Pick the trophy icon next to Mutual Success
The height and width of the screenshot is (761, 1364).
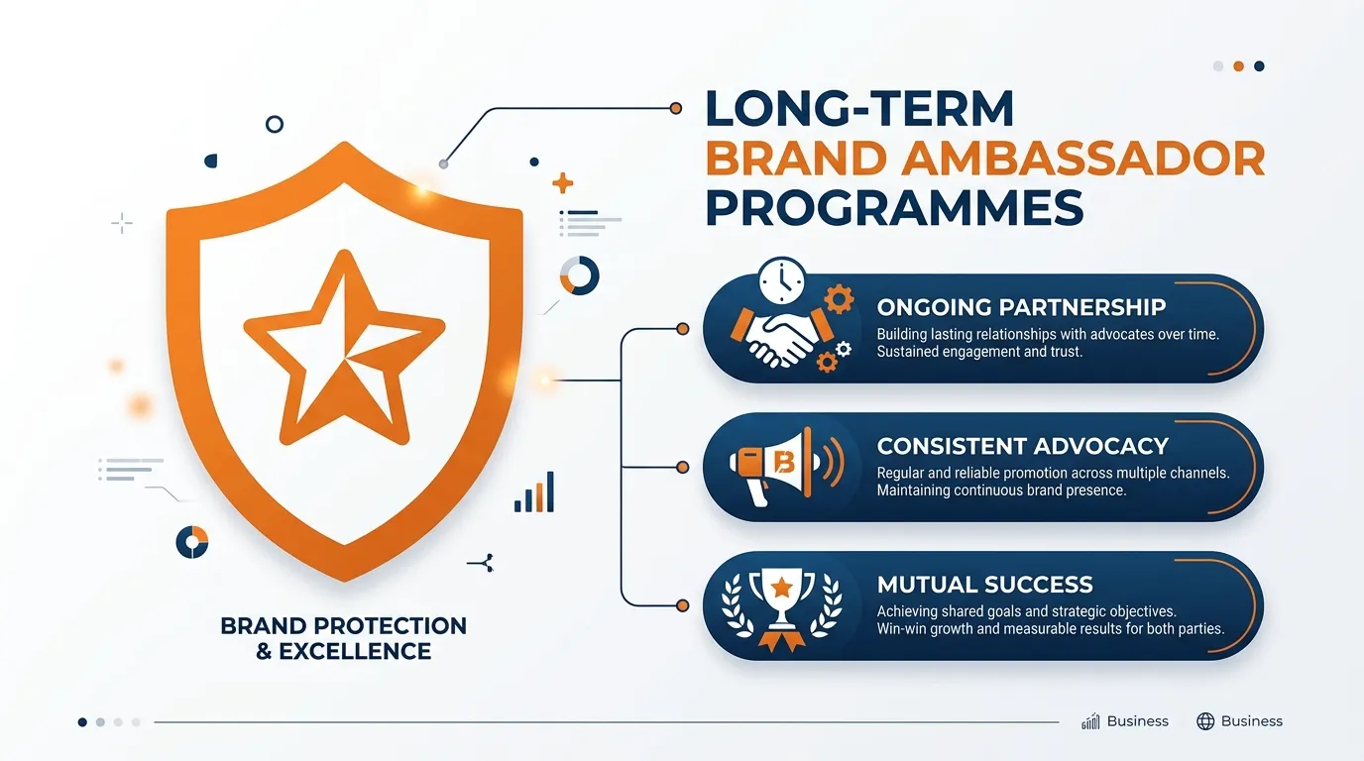click(x=782, y=604)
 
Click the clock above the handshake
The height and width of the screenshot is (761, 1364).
click(x=783, y=281)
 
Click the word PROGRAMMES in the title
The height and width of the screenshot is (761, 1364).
click(x=894, y=208)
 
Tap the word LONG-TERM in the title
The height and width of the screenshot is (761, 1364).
click(x=859, y=109)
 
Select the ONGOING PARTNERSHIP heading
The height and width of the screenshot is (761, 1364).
click(x=1021, y=307)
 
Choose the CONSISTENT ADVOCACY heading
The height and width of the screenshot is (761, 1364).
click(x=1023, y=446)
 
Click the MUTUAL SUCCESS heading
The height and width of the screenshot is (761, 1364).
click(x=984, y=585)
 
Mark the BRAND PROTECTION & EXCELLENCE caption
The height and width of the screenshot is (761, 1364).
click(x=343, y=638)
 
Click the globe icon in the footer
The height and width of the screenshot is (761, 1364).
click(x=1205, y=721)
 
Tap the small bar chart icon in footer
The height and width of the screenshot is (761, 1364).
click(x=1091, y=721)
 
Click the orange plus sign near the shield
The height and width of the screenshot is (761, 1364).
click(x=563, y=182)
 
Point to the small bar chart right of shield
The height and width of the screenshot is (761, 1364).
click(x=534, y=492)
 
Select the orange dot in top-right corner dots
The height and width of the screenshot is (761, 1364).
click(x=1238, y=66)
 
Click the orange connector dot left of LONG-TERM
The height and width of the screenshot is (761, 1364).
click(x=675, y=108)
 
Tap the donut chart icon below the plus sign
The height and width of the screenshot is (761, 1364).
click(x=579, y=275)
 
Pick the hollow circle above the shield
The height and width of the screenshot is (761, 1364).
click(x=275, y=124)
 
